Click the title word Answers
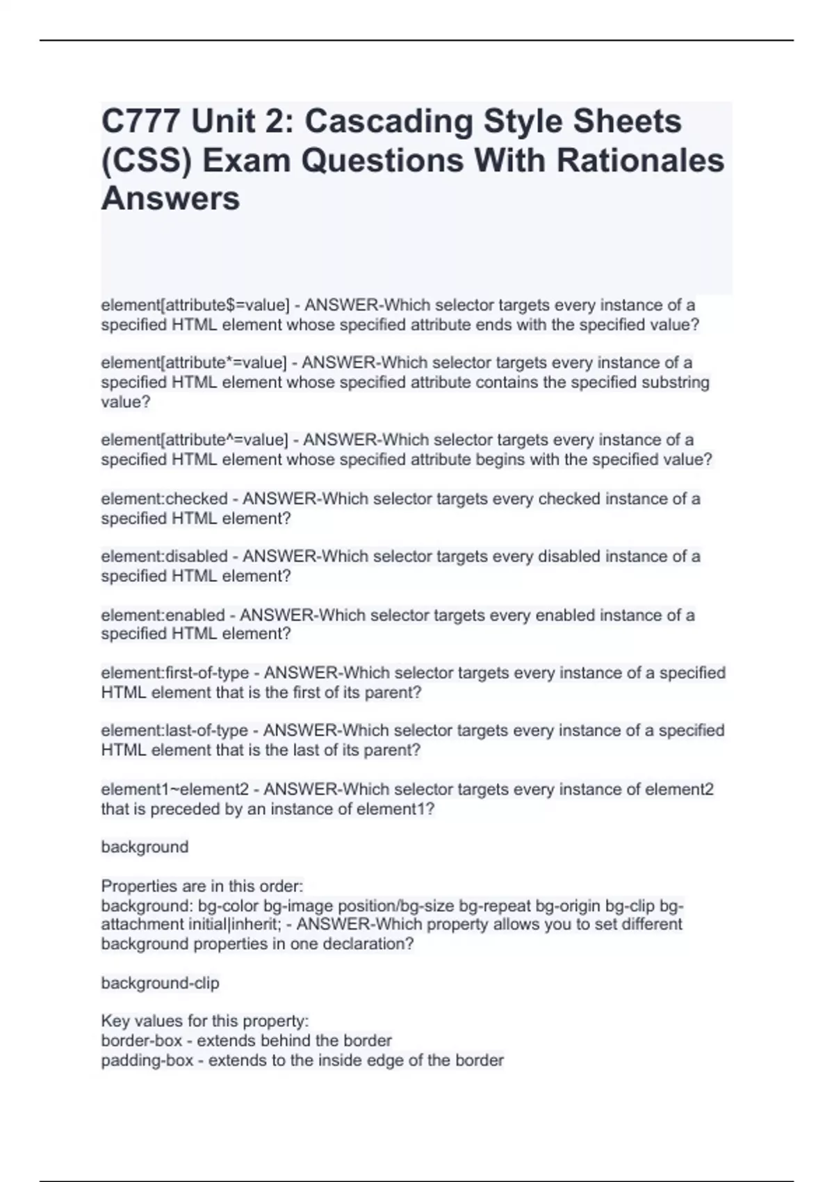click(170, 199)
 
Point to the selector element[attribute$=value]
click(195, 305)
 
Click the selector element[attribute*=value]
click(194, 363)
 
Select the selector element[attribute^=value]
click(195, 440)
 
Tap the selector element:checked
click(164, 499)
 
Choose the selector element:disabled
click(164, 557)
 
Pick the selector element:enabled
click(163, 615)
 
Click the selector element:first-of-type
click(174, 673)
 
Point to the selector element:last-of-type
click(174, 731)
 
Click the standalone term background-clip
click(160, 983)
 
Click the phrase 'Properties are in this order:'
click(202, 886)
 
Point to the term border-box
click(141, 1041)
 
